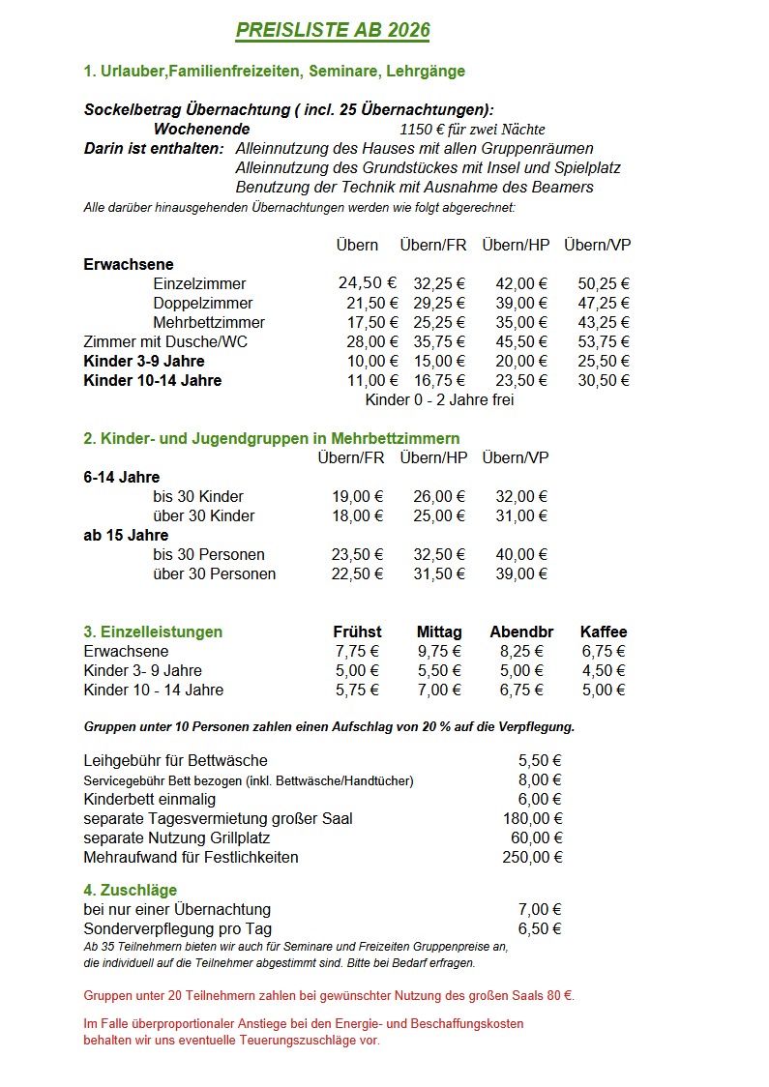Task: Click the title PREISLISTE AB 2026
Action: [333, 31]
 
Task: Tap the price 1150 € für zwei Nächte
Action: [472, 130]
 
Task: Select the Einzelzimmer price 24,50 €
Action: [368, 283]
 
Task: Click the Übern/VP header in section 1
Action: [598, 245]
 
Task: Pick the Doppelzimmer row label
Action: [203, 303]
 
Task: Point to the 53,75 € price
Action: [604, 341]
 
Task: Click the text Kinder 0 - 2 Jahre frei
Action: [439, 399]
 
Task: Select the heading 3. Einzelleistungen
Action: [153, 632]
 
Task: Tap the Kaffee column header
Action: [604, 632]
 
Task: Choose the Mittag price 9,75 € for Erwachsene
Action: [439, 651]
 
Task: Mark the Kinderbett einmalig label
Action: [150, 799]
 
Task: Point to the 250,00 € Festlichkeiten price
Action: [532, 857]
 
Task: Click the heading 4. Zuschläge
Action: [131, 890]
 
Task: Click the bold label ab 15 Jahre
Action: [126, 535]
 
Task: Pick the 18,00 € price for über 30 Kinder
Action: [357, 515]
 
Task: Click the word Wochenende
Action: [201, 129]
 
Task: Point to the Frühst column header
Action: [357, 632]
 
